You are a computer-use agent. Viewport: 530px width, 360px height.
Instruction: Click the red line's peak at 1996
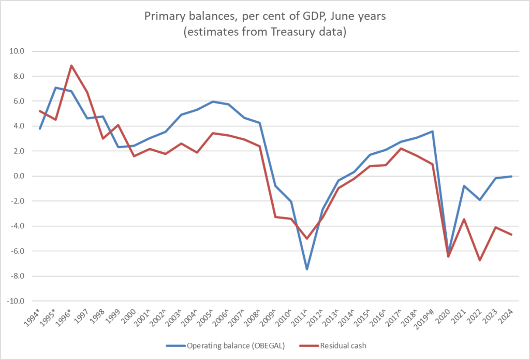pyautogui.click(x=71, y=66)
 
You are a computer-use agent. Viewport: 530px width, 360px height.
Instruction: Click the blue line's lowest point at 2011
pyautogui.click(x=306, y=269)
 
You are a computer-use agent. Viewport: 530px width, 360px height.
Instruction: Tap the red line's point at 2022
pyautogui.click(x=480, y=260)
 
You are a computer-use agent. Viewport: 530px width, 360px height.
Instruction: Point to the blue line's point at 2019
pyautogui.click(x=433, y=132)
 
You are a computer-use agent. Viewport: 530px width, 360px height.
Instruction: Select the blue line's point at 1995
pyautogui.click(x=55, y=88)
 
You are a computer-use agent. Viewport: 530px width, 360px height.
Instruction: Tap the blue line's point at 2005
pyautogui.click(x=212, y=102)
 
